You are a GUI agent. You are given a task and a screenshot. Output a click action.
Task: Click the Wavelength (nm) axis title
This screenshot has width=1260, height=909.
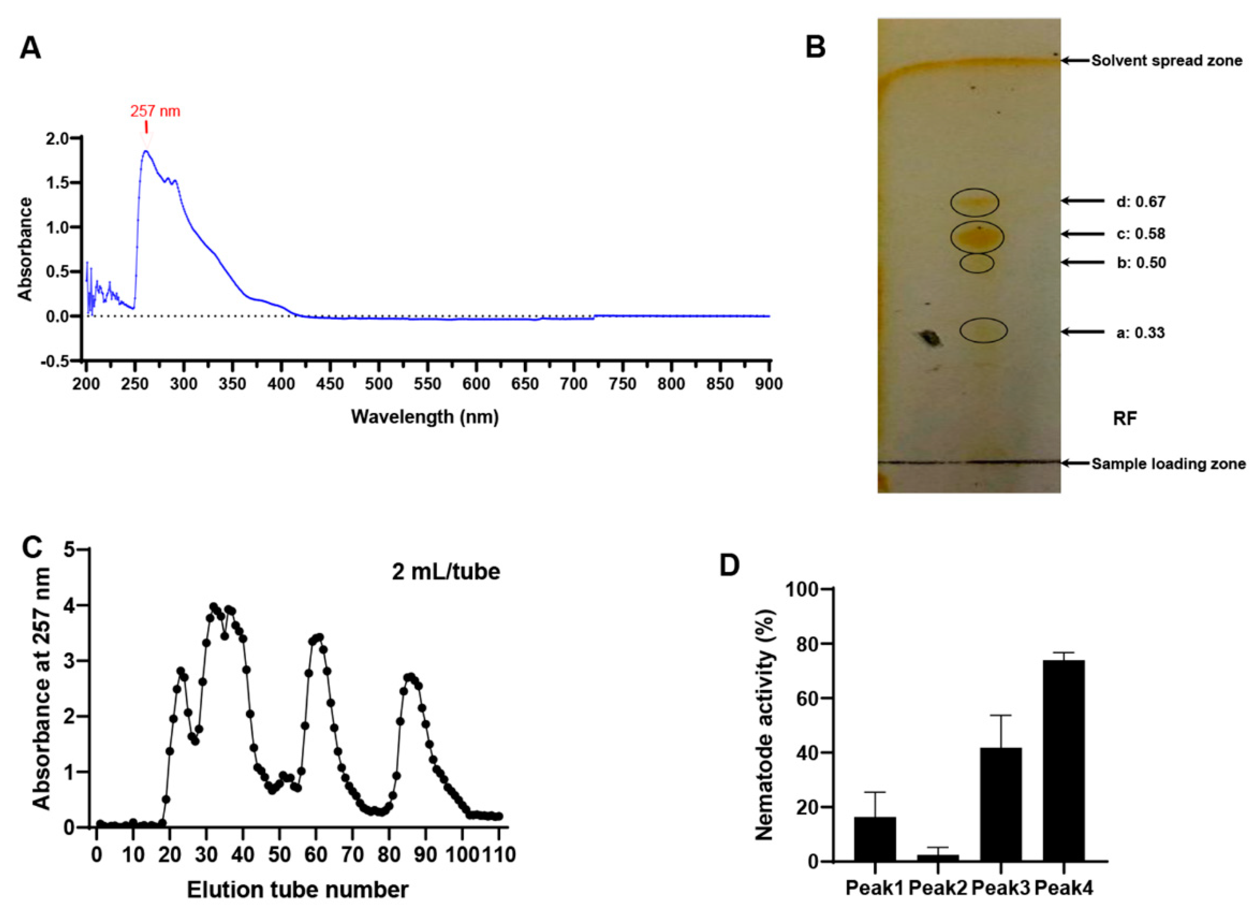[x=424, y=416]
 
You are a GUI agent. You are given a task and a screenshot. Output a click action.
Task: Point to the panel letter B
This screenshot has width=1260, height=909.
[x=816, y=48]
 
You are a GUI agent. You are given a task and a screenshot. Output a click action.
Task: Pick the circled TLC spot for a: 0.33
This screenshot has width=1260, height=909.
[x=983, y=330]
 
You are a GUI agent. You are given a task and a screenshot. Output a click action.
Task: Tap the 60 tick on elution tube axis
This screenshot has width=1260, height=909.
[x=316, y=854]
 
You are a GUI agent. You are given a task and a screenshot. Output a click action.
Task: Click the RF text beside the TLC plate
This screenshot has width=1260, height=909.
[x=1124, y=419]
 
